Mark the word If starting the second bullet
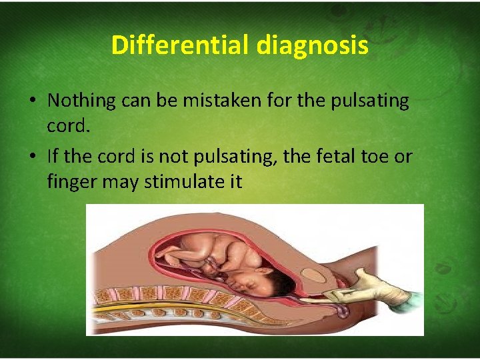tap(53, 157)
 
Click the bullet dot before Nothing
tap(32, 101)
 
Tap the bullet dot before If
tap(32, 158)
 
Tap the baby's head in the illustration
tap(250, 280)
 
